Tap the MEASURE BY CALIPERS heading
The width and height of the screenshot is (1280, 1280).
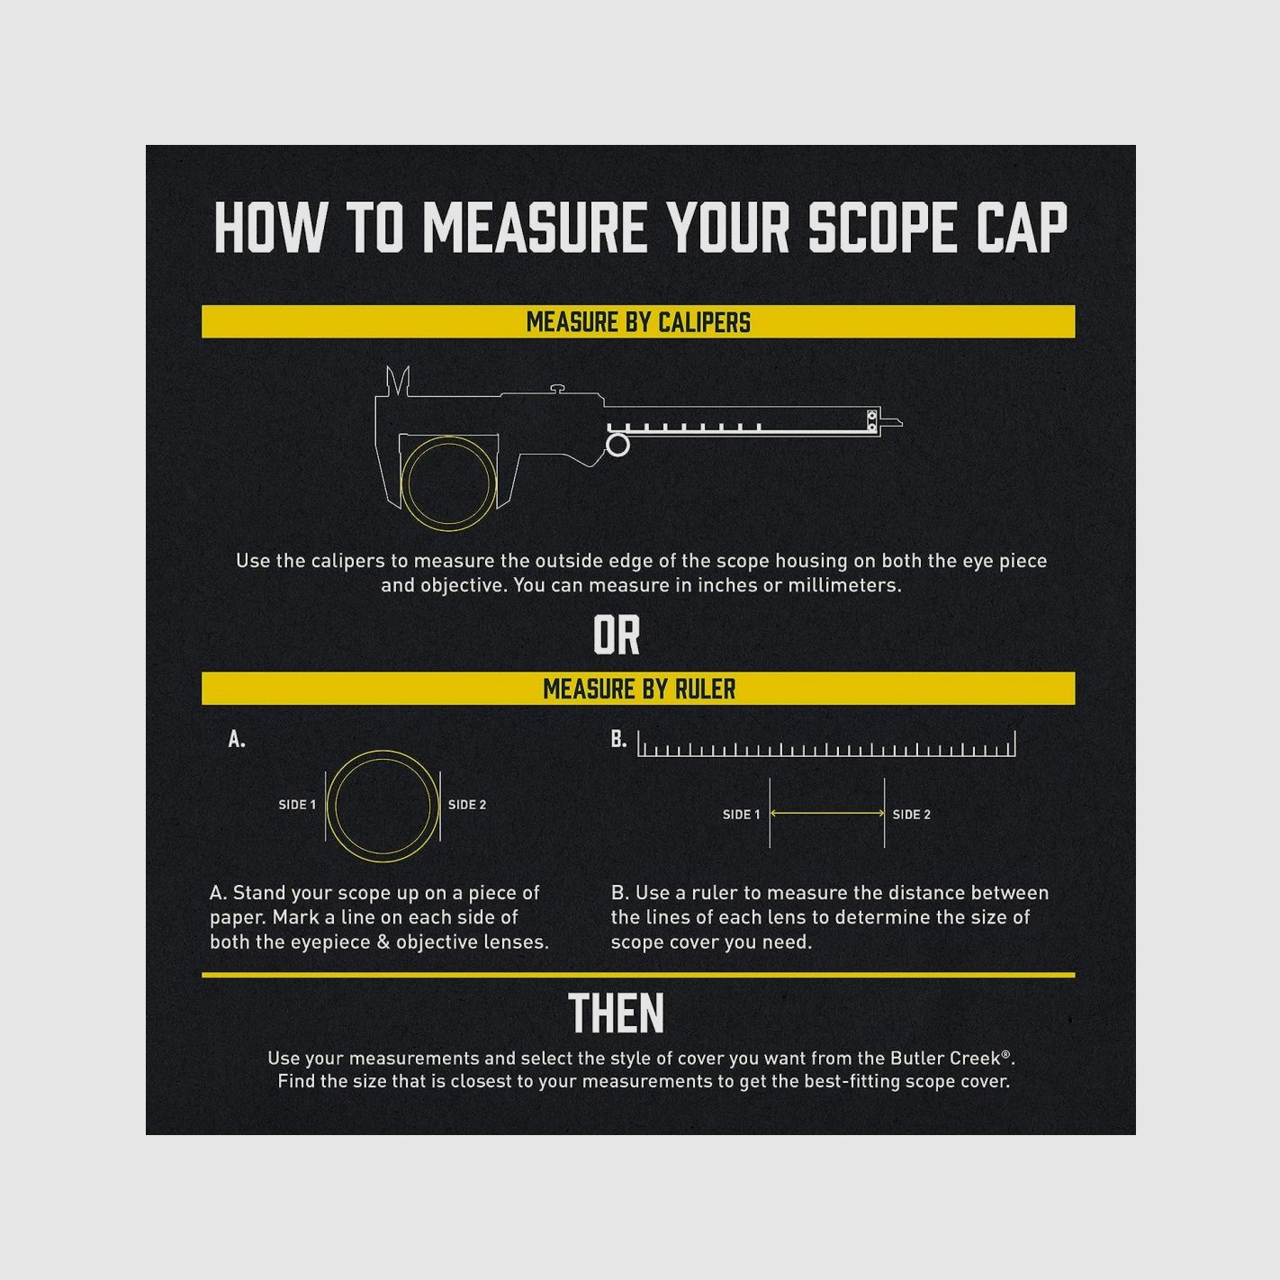pos(638,322)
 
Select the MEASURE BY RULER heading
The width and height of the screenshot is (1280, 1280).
pos(639,689)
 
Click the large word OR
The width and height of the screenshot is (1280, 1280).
pos(617,635)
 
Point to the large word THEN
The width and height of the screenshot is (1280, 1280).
pos(617,1014)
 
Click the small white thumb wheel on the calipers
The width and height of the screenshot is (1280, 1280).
pos(617,445)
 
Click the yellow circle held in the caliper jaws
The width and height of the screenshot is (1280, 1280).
pos(448,482)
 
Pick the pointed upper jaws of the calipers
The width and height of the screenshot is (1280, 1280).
pos(398,381)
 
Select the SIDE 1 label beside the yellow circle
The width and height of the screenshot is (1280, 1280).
pos(297,805)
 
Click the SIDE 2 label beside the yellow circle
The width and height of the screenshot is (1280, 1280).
pos(467,805)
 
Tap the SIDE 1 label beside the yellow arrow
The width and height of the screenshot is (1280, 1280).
pos(742,815)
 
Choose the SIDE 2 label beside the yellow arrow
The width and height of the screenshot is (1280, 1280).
pos(911,815)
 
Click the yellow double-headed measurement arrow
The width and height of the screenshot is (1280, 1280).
pos(827,813)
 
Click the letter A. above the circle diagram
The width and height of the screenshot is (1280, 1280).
pos(237,739)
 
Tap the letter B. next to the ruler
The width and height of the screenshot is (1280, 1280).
pos(618,739)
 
